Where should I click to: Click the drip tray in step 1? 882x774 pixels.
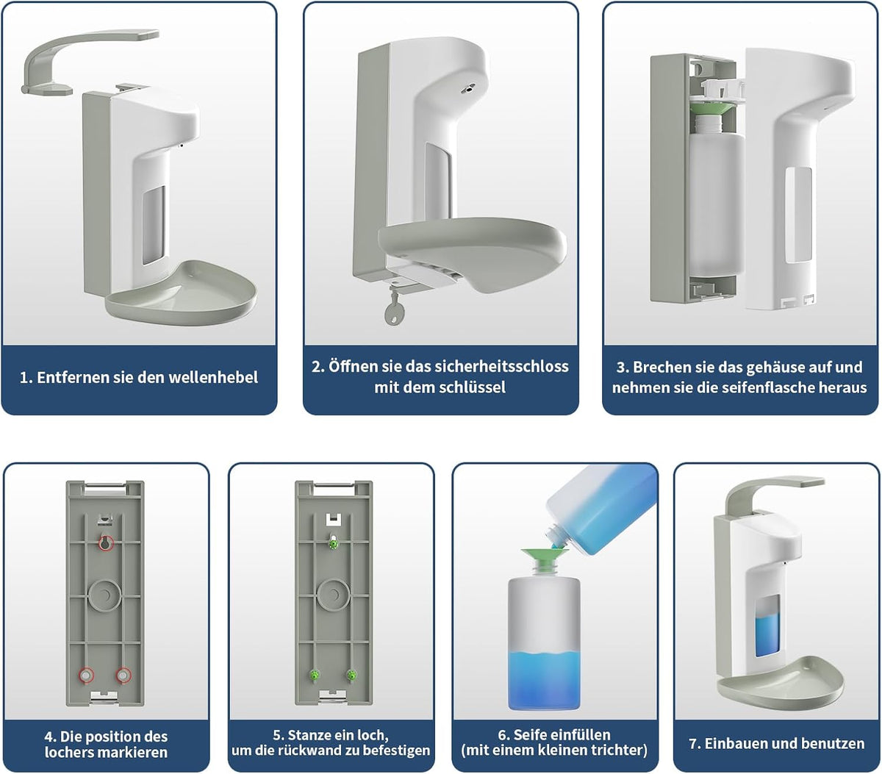(182, 292)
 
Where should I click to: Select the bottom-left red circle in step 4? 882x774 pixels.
(86, 675)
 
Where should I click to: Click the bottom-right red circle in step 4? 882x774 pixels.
(123, 675)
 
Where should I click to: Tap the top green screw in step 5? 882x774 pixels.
(334, 543)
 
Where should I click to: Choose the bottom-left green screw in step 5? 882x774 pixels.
(315, 676)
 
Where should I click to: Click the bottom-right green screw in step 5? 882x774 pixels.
(351, 676)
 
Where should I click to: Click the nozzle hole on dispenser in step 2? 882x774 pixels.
(468, 90)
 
